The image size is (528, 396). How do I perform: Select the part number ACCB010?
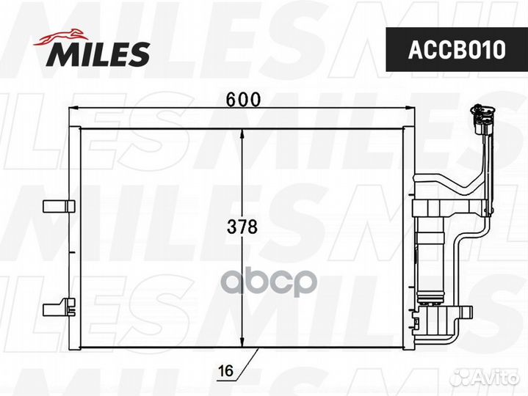coord(457,50)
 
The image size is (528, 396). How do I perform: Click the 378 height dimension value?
coord(243,227)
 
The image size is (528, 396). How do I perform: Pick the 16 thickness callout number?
coord(225,373)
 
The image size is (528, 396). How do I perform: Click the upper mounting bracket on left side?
coord(57,206)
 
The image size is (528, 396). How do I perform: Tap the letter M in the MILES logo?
coord(60,54)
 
